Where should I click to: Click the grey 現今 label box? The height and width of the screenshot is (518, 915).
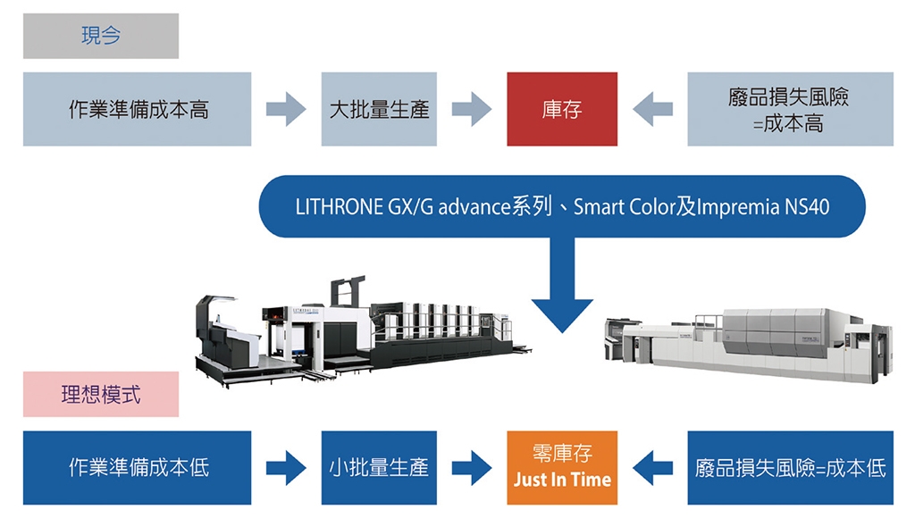(x=101, y=36)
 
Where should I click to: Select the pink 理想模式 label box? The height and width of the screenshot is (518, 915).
(x=101, y=394)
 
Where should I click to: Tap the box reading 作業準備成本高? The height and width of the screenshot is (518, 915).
(x=138, y=110)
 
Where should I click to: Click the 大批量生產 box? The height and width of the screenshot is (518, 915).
(x=379, y=110)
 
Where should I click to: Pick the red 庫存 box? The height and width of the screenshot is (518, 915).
(x=562, y=110)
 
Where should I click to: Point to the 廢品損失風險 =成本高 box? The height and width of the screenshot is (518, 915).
(x=790, y=110)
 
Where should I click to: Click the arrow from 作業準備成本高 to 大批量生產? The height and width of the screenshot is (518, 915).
(x=286, y=110)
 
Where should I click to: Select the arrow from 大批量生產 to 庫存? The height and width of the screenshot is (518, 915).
(x=472, y=110)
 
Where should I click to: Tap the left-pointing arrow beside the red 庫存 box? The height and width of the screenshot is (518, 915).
(x=652, y=110)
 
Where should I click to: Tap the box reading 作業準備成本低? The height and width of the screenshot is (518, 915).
(x=138, y=467)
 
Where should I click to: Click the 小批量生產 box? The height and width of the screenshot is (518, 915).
(x=379, y=467)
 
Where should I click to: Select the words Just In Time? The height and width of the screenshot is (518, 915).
(x=562, y=480)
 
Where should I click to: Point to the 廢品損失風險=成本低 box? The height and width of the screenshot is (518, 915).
(x=790, y=467)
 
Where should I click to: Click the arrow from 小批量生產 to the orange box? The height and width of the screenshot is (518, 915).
(x=472, y=467)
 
